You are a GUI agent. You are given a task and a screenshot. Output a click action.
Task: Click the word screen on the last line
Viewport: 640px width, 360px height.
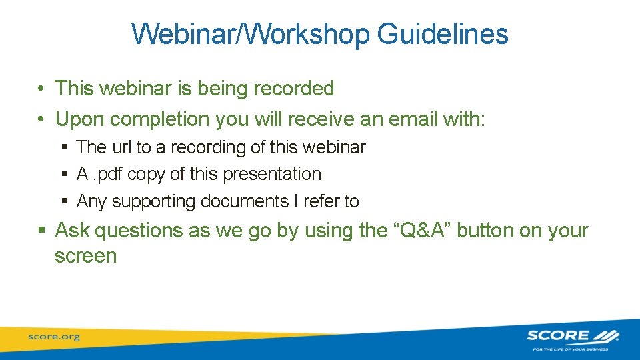coord(85,256)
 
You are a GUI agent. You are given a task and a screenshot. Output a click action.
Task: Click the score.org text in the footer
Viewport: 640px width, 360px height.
coord(54,337)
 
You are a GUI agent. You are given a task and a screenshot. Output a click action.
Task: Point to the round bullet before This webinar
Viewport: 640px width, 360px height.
coord(41,89)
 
